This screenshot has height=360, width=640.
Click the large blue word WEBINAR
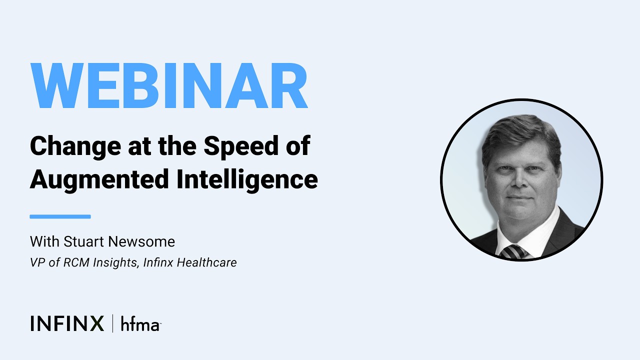[169, 86]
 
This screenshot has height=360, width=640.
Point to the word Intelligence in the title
[247, 179]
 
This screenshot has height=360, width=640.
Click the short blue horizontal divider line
[60, 216]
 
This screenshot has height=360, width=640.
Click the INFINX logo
[67, 323]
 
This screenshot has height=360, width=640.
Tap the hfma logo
[140, 324]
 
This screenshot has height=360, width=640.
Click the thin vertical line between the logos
[112, 323]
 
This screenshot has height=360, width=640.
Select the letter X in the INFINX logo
[96, 323]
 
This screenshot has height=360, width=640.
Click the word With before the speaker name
[44, 242]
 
